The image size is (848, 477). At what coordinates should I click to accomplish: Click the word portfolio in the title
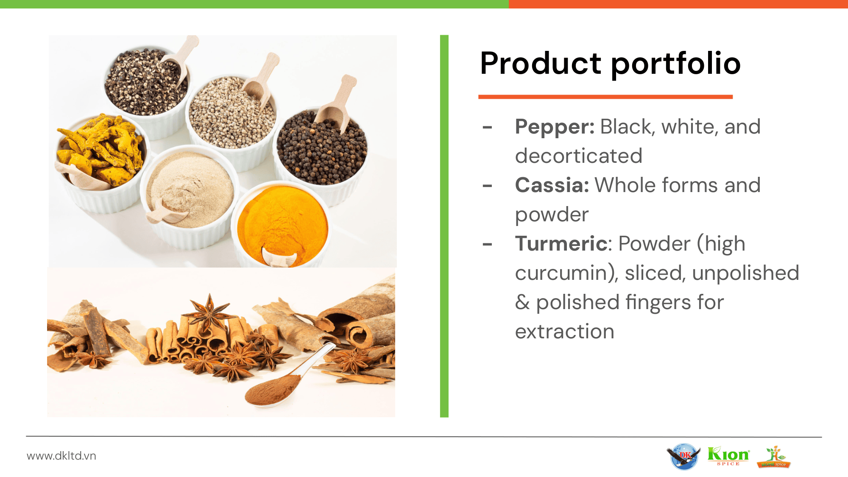pos(676,64)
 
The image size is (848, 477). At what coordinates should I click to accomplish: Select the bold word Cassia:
pos(552,185)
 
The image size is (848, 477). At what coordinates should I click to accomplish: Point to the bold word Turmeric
pos(561,244)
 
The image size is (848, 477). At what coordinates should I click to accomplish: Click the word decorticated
pos(579,156)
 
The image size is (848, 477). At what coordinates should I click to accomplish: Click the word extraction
pos(565,332)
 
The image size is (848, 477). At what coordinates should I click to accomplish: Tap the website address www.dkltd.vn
pos(61,456)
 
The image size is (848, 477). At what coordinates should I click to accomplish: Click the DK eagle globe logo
pos(683,456)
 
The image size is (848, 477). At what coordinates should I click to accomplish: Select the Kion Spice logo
pos(728,456)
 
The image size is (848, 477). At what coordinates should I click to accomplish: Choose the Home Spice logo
pos(774,457)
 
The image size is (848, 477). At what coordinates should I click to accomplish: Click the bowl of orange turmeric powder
pos(282,225)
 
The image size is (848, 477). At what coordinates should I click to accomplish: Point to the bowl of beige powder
pos(190,195)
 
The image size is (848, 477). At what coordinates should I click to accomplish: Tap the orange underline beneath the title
pos(605,97)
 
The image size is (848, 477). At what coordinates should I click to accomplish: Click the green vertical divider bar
pos(444,226)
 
